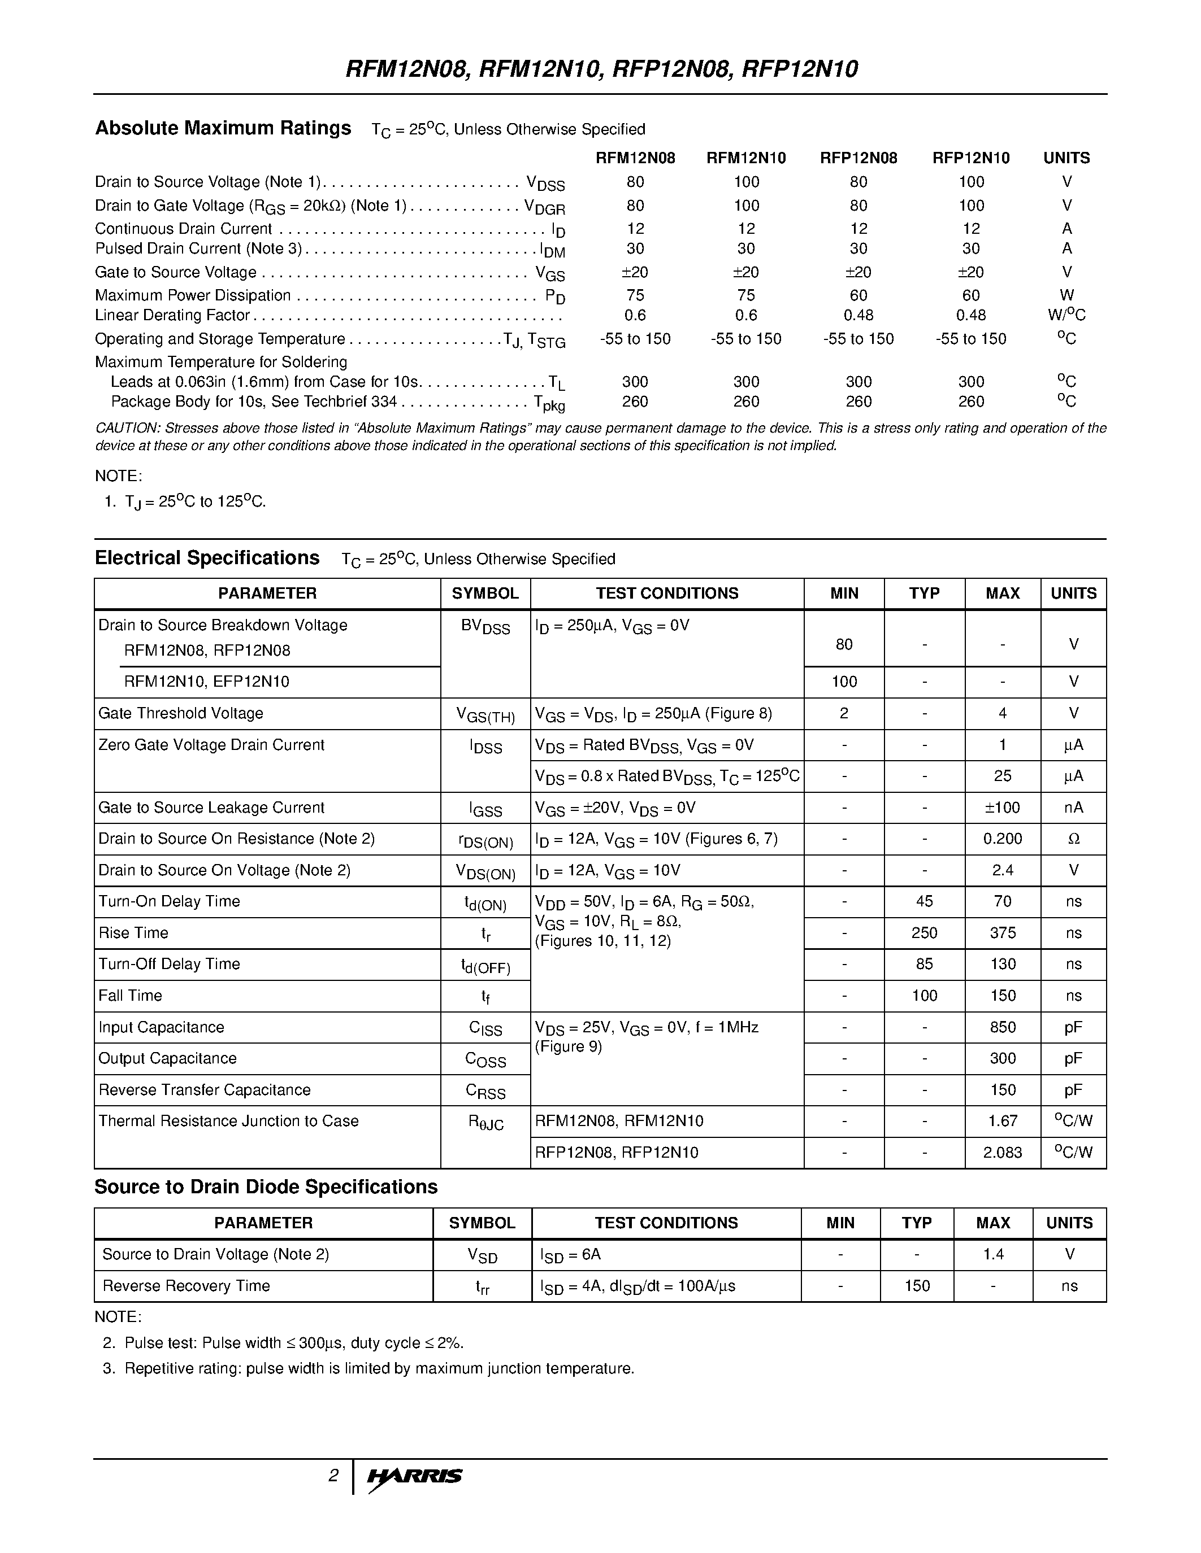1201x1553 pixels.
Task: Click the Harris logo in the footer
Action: (x=414, y=1476)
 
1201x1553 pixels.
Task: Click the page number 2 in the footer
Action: (x=333, y=1476)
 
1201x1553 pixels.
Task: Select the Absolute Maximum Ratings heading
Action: (x=223, y=128)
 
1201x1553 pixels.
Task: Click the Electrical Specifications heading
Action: (x=207, y=557)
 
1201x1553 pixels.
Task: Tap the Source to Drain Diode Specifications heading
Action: (x=266, y=1187)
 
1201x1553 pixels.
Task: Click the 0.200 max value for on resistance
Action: (x=1002, y=839)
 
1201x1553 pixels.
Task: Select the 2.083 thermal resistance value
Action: (x=1002, y=1152)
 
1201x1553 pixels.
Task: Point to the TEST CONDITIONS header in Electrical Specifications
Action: (x=667, y=593)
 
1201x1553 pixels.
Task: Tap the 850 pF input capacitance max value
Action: (x=1002, y=1027)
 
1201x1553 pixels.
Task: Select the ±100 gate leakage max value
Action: (x=1002, y=808)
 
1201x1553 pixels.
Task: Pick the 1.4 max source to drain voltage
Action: (x=992, y=1254)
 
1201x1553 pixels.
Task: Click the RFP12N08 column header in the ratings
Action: (x=858, y=158)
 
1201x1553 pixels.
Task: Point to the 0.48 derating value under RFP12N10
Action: (x=970, y=315)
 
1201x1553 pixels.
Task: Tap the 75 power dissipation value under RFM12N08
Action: (x=635, y=295)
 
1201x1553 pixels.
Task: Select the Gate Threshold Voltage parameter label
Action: (x=181, y=713)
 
